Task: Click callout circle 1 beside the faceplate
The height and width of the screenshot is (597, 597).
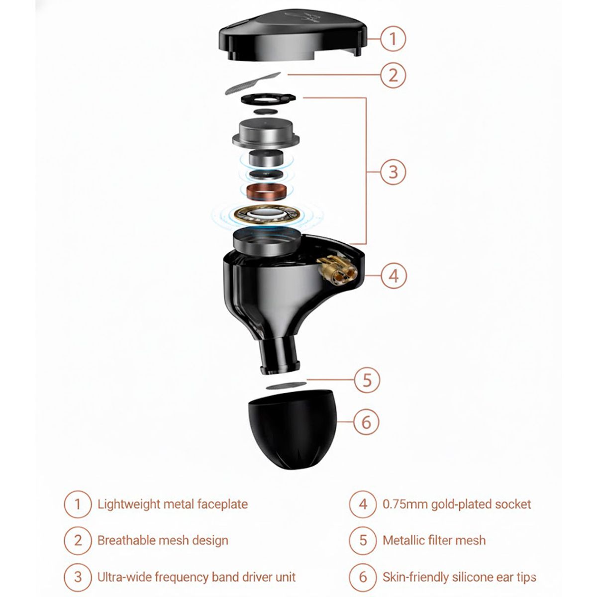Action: (393, 38)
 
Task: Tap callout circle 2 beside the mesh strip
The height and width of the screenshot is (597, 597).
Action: (393, 76)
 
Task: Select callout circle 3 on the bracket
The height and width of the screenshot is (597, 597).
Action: (393, 172)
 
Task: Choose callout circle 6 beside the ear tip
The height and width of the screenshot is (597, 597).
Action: (366, 422)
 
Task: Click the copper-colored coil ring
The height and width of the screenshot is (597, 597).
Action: (268, 191)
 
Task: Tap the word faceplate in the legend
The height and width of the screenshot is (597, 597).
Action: (222, 504)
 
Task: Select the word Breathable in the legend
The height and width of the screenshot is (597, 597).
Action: (127, 540)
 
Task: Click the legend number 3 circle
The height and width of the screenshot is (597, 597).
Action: (78, 577)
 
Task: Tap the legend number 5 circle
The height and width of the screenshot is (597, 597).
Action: (363, 540)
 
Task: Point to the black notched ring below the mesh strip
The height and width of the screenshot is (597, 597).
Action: (267, 98)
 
